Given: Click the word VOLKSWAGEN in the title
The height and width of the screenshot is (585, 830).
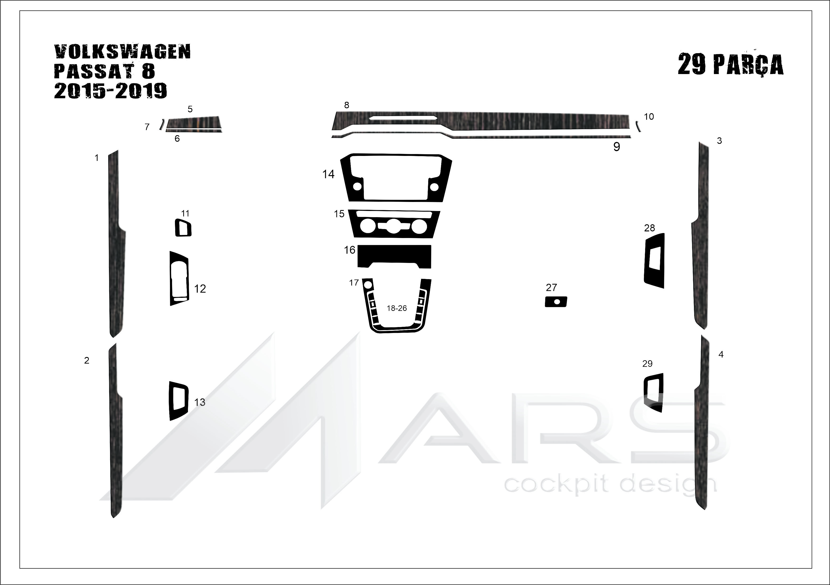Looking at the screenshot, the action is (122, 52).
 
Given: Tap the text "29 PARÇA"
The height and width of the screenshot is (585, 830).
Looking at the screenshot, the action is (731, 64).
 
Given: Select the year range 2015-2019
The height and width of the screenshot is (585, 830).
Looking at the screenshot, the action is (111, 91).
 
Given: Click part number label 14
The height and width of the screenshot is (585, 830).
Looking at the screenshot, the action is (328, 174).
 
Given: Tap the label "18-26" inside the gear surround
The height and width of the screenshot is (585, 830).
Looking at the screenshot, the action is (397, 308).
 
